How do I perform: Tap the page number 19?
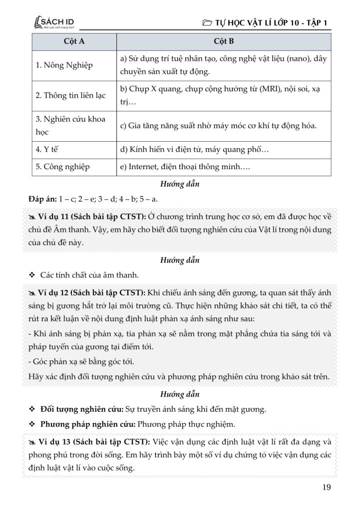tap(326, 488)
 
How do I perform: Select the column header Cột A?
tap(74, 41)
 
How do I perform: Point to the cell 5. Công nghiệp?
tap(62, 167)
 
